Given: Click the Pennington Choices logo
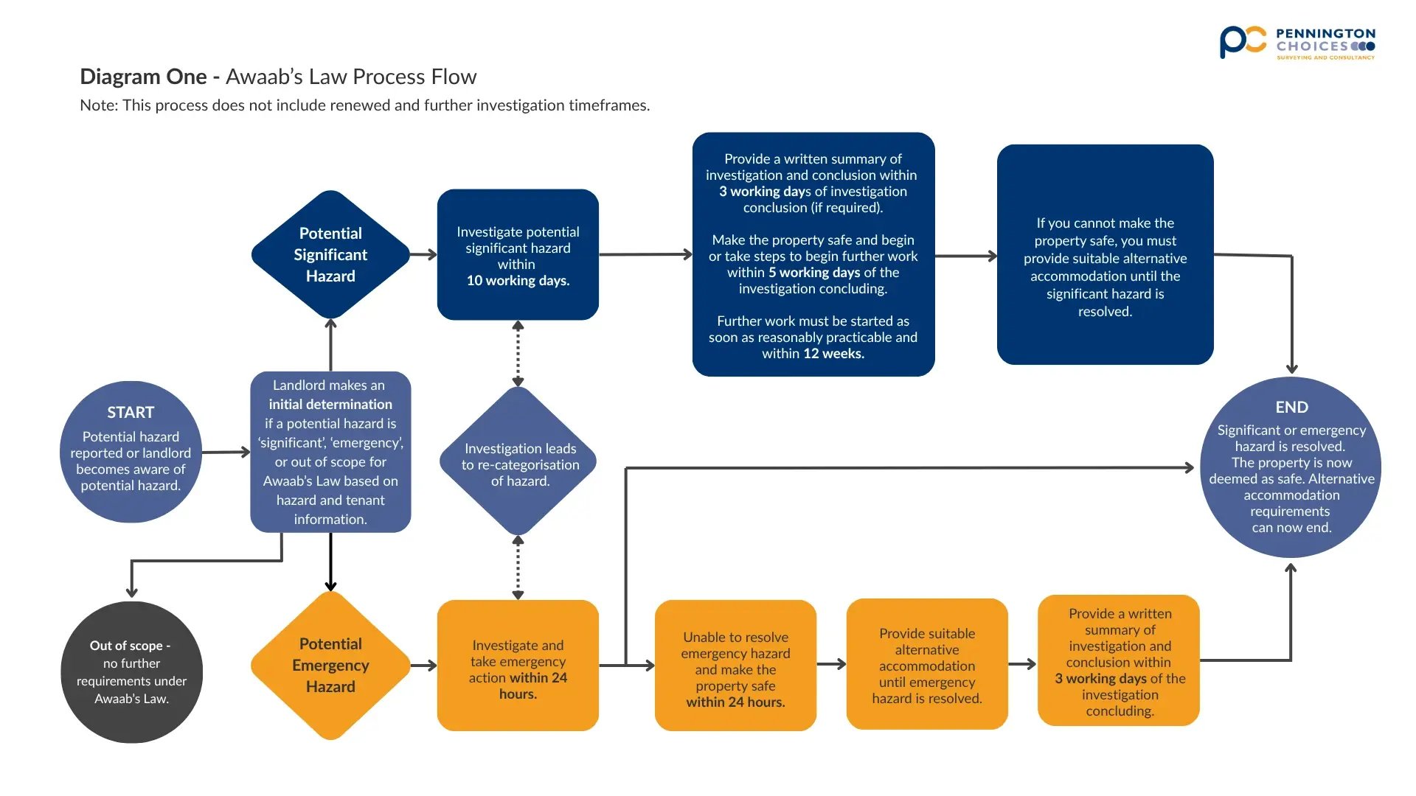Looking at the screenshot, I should coord(1297,43).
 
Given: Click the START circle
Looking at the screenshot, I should coord(131,452).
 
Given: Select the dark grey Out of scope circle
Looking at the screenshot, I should coord(131,671).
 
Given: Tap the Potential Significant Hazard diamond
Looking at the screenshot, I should coord(330,254).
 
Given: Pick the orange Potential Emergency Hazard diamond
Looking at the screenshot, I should coord(330,665).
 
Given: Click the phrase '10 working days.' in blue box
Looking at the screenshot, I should coord(518,281).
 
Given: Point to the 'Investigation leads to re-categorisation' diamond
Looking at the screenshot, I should coord(519,463).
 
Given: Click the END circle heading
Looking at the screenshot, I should coord(1291,407).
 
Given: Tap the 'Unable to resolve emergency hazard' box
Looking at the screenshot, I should coord(735,665).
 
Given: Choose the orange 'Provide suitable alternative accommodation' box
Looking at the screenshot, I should coord(926,665).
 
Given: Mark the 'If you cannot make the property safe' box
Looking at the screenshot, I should coord(1105,254).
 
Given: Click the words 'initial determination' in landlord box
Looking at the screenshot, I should coord(330,404).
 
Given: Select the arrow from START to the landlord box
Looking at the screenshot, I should coord(226,452).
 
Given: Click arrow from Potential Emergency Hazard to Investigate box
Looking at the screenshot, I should coord(423,665).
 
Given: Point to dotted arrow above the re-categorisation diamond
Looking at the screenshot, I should coord(518,354).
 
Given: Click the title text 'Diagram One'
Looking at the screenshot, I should coord(143,77).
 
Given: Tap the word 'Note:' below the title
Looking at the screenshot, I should coord(99,105).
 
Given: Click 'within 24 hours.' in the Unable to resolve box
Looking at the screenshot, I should coord(735,702).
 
